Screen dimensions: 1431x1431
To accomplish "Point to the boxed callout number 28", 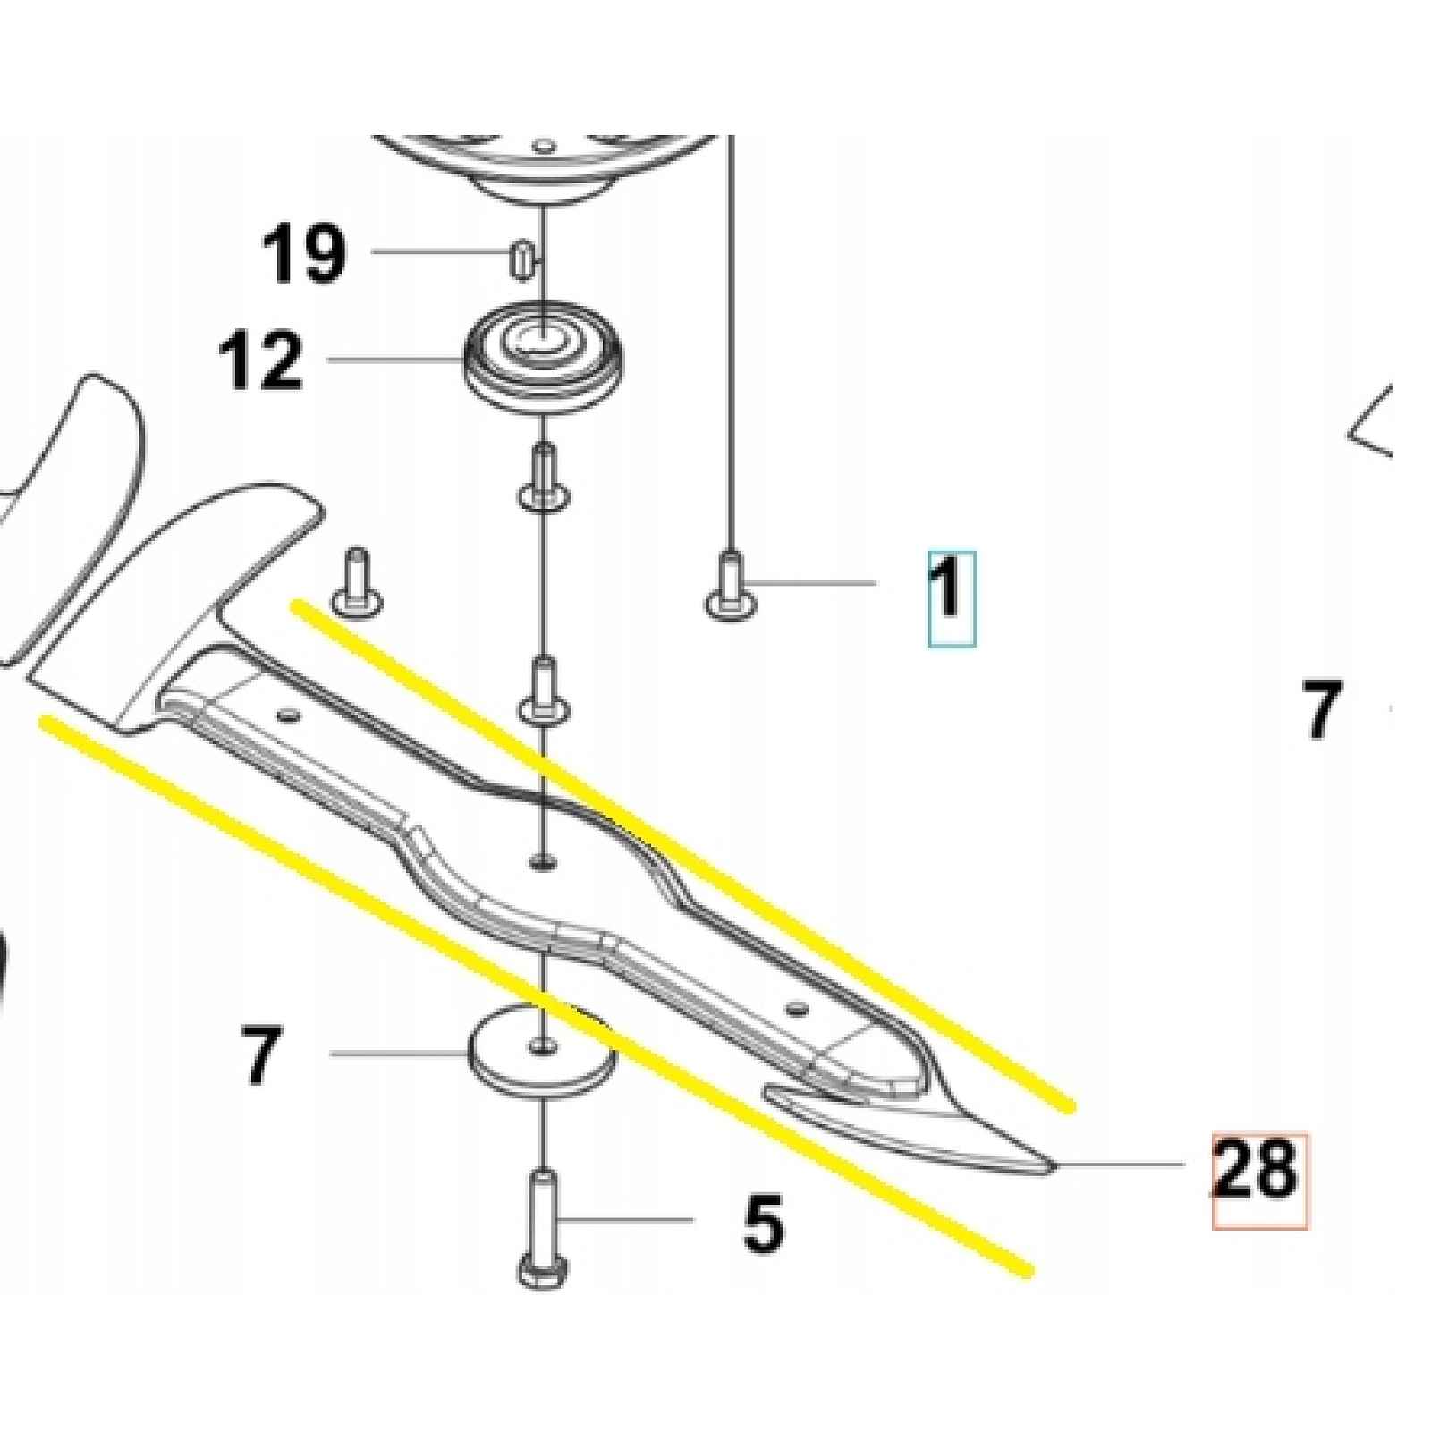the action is [x=1257, y=1169].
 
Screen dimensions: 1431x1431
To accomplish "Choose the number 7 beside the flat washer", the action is [x=260, y=1055].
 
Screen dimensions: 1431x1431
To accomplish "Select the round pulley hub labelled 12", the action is [x=545, y=358].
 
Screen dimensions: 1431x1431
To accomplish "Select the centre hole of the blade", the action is [x=542, y=861].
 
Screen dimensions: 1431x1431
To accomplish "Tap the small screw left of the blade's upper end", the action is [x=355, y=581].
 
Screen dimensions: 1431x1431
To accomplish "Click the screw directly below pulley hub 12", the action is [x=544, y=478].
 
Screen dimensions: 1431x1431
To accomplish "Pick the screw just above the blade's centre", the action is [x=544, y=690].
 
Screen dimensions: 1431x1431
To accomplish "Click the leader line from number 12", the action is [x=394, y=360].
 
